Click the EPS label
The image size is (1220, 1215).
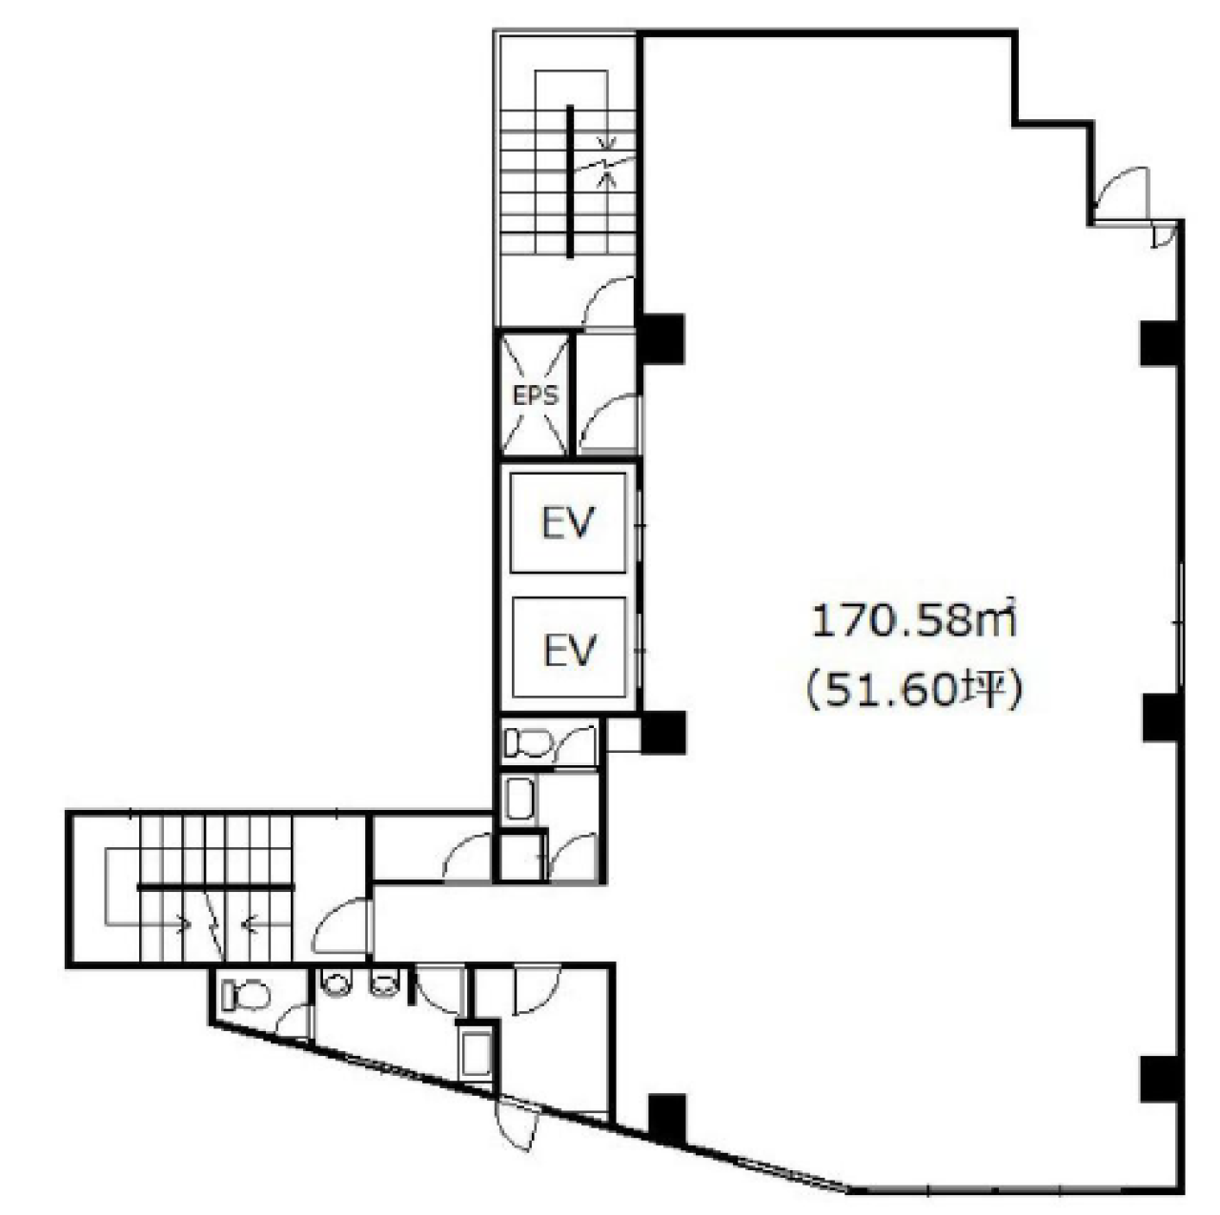(x=536, y=395)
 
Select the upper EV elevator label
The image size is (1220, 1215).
(x=568, y=523)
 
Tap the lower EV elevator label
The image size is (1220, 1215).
(x=570, y=650)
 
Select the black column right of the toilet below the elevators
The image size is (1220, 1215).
(x=662, y=733)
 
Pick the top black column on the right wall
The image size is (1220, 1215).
(x=1160, y=344)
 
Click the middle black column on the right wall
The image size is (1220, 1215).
(x=1161, y=718)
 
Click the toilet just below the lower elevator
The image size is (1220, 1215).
(x=529, y=743)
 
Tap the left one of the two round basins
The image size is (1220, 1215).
(x=336, y=983)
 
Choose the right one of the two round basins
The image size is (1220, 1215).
(x=383, y=983)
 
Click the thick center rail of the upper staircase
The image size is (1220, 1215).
(x=570, y=181)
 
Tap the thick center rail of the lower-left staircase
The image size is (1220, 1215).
(x=216, y=887)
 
